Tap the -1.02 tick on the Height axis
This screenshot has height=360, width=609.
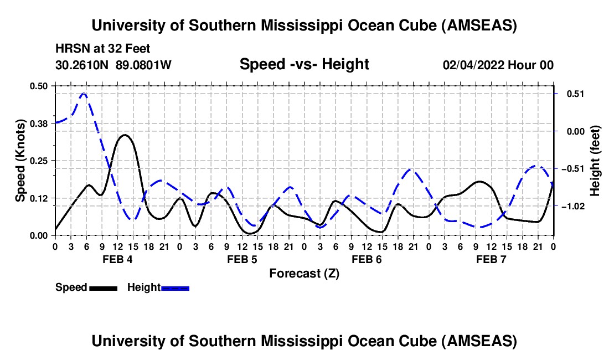click(570, 206)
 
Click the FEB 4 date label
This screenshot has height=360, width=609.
click(117, 259)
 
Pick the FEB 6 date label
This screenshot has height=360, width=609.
click(367, 259)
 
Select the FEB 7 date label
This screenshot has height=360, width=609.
click(491, 259)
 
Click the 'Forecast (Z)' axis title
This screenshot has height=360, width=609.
click(304, 273)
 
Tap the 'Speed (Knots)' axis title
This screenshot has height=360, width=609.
click(20, 161)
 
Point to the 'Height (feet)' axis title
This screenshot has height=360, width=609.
click(595, 161)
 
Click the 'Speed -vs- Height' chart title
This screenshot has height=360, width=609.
click(304, 64)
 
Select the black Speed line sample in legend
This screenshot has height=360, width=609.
click(103, 287)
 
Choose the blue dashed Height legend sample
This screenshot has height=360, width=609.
click(175, 287)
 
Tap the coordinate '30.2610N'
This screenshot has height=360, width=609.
click(83, 65)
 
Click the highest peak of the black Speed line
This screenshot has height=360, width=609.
click(125, 135)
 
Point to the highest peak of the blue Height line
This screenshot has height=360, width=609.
click(84, 94)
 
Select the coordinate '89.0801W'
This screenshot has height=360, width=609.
click(144, 65)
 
